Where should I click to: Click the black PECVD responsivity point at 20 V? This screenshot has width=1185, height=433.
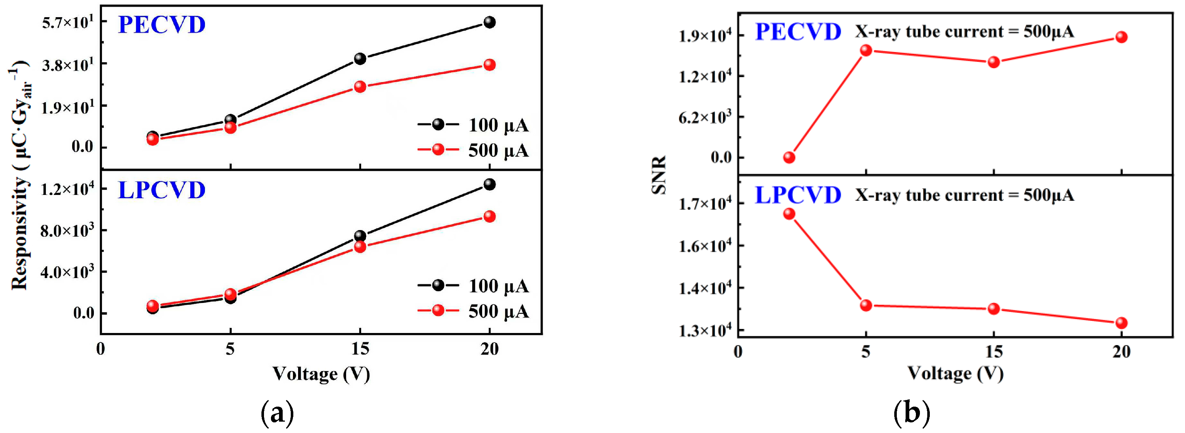click(x=489, y=22)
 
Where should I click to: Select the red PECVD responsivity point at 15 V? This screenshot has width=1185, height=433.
click(x=360, y=86)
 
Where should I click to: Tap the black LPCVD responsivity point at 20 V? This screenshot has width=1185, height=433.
click(x=489, y=184)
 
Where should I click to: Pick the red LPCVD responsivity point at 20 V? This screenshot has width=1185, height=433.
click(x=489, y=216)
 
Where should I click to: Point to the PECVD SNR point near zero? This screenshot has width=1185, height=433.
click(x=789, y=158)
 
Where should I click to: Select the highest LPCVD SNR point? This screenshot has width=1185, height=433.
click(x=789, y=214)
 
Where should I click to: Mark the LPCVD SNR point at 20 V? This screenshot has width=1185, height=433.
click(x=1122, y=323)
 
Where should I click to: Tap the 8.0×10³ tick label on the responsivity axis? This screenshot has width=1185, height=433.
click(x=67, y=230)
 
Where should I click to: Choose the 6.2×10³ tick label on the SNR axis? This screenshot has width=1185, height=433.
click(x=705, y=117)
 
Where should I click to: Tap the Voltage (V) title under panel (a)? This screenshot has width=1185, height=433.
click(x=321, y=374)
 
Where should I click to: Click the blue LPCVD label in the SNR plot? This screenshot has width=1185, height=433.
click(x=798, y=195)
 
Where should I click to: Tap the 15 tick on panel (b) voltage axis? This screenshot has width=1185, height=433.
click(x=994, y=352)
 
